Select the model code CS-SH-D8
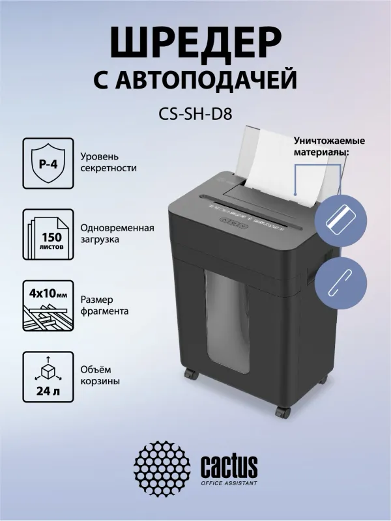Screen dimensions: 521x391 pos(195,115)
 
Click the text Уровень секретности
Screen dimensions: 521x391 pos(109,162)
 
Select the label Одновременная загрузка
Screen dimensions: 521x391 pos(117,234)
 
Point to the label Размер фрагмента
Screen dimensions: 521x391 pos(105,305)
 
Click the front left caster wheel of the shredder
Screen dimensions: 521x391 pos(190,375)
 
